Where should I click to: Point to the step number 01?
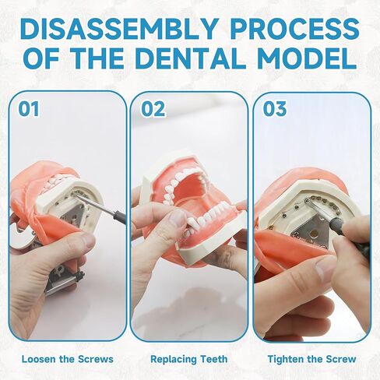point(29,108)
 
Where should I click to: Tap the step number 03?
point(275,108)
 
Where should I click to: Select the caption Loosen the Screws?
point(67,359)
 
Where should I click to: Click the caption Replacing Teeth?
point(189,359)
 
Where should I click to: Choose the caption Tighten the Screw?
point(311,359)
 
